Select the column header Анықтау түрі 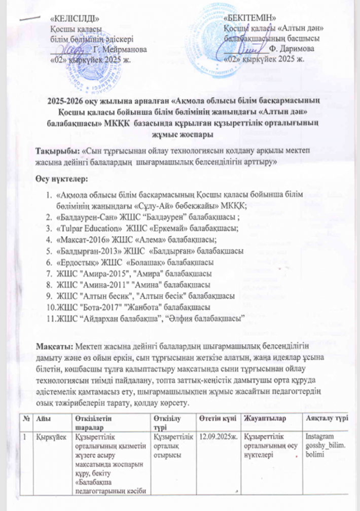point(325,417)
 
